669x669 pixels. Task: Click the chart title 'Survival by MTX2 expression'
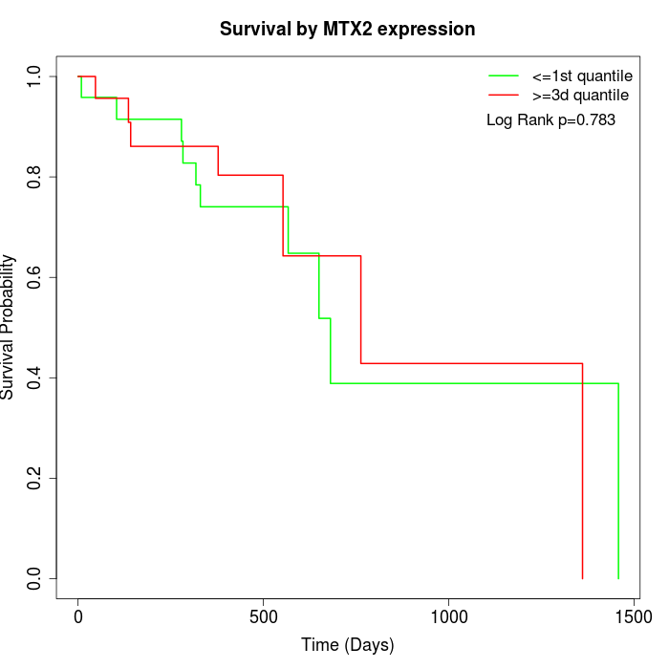click(x=347, y=29)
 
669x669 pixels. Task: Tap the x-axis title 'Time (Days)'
click(x=347, y=645)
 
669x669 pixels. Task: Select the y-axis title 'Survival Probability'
click(x=9, y=327)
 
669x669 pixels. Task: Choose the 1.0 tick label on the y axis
click(x=35, y=76)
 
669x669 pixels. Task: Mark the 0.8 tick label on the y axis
click(x=35, y=177)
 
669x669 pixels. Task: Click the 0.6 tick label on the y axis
click(x=35, y=277)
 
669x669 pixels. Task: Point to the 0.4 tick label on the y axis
click(x=35, y=378)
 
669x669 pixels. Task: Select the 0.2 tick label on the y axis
click(x=35, y=478)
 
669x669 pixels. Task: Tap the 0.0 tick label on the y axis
click(x=35, y=578)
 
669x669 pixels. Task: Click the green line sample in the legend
click(x=504, y=76)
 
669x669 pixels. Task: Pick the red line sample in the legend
click(x=504, y=96)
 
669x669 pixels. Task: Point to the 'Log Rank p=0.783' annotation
click(x=550, y=120)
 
